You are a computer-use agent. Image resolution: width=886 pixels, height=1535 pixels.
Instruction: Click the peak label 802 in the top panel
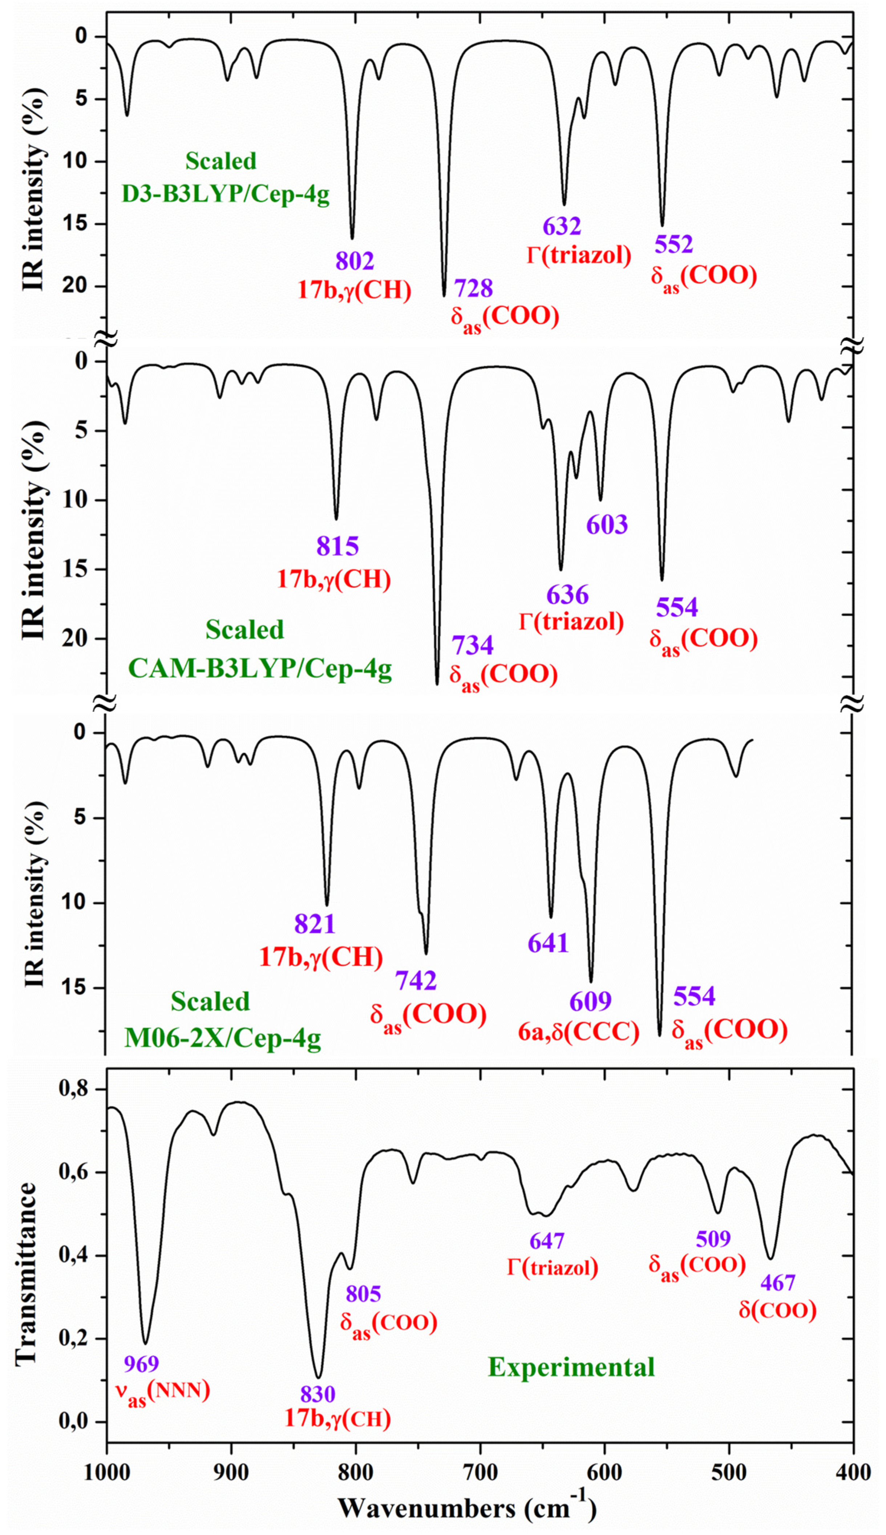(x=355, y=261)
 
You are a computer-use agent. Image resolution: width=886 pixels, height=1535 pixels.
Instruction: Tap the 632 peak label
(x=562, y=226)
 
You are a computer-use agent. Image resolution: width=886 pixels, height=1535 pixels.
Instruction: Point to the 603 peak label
(x=607, y=525)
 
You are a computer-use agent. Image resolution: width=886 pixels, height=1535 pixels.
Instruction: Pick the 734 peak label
(x=472, y=645)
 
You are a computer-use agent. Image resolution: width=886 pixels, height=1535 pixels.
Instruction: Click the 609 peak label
(x=590, y=1001)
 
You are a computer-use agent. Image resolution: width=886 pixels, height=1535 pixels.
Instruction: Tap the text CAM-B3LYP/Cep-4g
(x=260, y=669)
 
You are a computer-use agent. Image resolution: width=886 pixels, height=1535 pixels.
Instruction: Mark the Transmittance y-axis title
(x=26, y=1273)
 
